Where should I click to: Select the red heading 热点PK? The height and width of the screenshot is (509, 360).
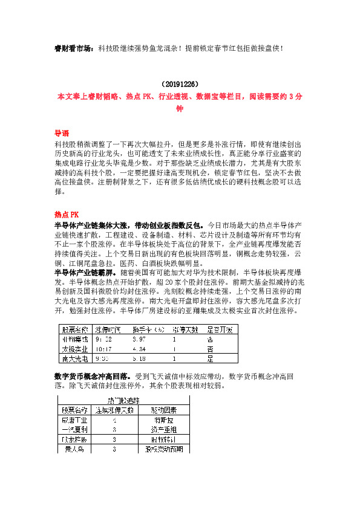click(66, 214)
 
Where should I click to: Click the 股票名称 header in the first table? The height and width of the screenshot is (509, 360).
click(74, 329)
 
